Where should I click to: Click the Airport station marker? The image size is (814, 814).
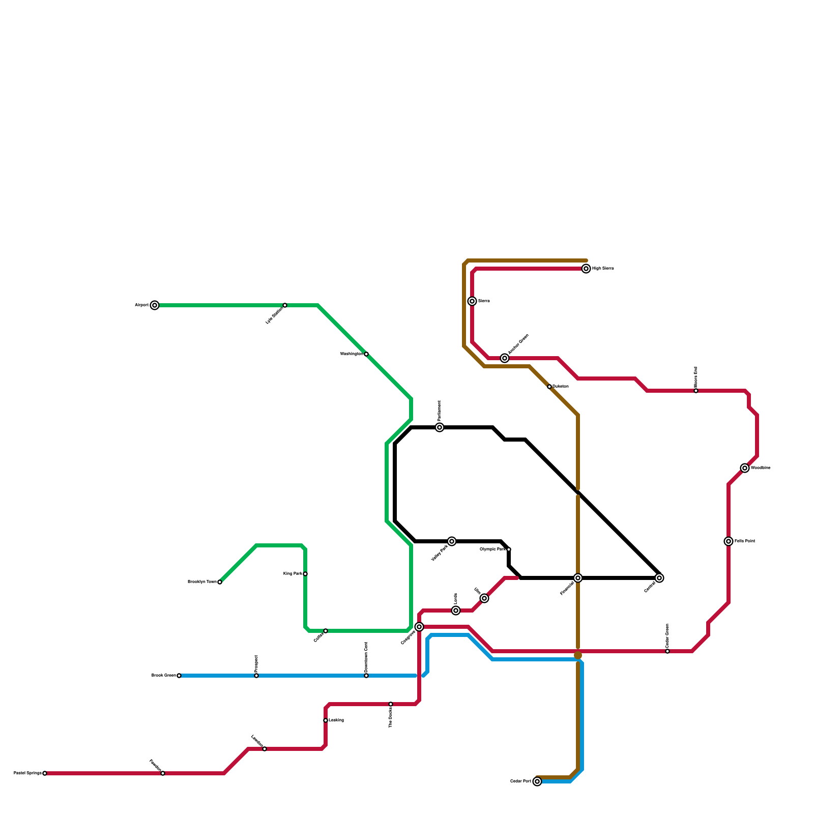point(155,305)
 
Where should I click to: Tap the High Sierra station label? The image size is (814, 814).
point(603,269)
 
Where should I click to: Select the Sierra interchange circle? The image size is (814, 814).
point(472,301)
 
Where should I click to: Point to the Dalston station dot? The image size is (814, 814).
point(549,387)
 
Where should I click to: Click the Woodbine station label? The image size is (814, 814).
point(761,468)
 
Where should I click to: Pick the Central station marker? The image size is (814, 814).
point(659,578)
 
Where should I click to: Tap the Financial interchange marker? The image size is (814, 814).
point(578,578)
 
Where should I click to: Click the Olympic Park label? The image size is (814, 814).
point(493,549)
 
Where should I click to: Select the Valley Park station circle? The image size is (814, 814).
point(452,541)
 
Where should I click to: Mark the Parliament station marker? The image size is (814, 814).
point(440,427)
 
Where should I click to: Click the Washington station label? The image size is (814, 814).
point(352,354)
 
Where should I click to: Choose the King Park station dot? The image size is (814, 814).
point(305,574)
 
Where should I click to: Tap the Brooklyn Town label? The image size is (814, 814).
point(202,582)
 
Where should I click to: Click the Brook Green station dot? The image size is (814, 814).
point(179,676)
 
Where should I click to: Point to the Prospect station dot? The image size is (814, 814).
point(256,676)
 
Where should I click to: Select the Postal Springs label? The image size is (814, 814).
point(27,773)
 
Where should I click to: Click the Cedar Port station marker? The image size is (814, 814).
point(537,781)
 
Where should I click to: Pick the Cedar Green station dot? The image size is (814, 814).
point(667,651)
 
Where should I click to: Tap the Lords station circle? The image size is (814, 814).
point(456,610)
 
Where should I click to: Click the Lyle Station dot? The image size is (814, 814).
point(285,305)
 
